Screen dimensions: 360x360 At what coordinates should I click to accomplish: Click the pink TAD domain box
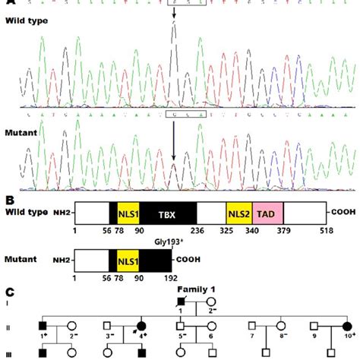click(x=268, y=213)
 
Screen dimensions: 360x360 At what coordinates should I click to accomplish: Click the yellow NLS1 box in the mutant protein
click(x=128, y=263)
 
